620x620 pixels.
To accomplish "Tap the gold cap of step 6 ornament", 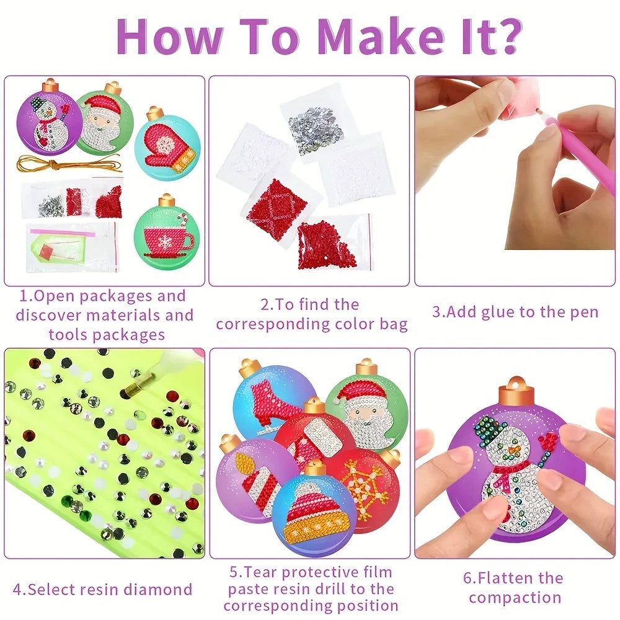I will click(x=516, y=391).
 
